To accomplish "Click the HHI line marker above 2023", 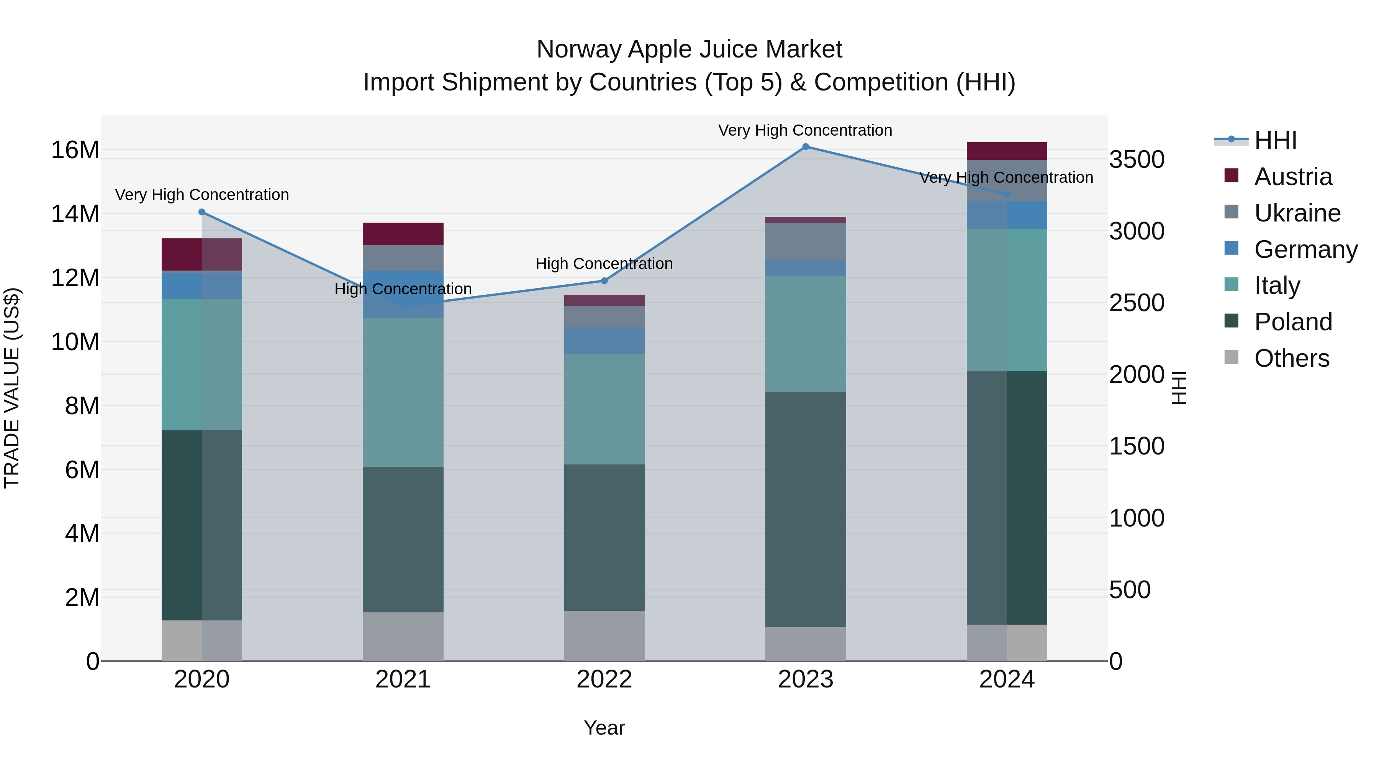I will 805,147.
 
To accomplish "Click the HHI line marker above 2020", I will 202,212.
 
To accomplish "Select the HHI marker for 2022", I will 604,281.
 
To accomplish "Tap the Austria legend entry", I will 1292,177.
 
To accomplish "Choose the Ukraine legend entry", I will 1297,213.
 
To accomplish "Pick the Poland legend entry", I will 1292,322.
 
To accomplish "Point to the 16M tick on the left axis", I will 75,150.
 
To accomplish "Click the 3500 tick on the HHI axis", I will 1136,159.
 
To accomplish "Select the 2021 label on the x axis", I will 403,679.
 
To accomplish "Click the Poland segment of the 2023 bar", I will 805,509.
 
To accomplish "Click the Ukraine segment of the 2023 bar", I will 805,241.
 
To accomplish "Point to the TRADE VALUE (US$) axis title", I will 12,388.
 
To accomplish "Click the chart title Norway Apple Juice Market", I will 689,49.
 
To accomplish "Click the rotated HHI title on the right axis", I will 1179,388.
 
